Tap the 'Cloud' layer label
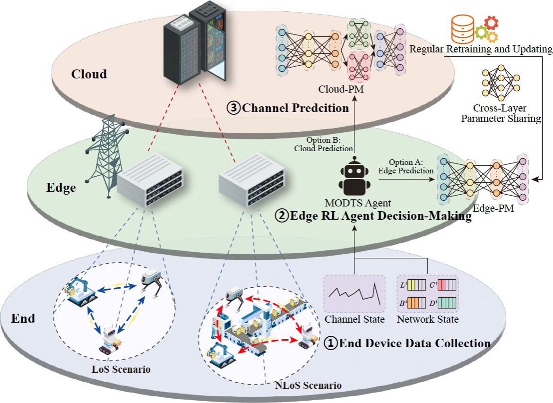click(x=89, y=74)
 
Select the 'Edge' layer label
click(x=61, y=188)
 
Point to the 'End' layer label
click(x=23, y=318)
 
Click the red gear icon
click(x=491, y=23)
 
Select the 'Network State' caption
click(x=427, y=319)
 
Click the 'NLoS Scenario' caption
click(x=308, y=385)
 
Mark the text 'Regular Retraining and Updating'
click(x=481, y=49)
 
